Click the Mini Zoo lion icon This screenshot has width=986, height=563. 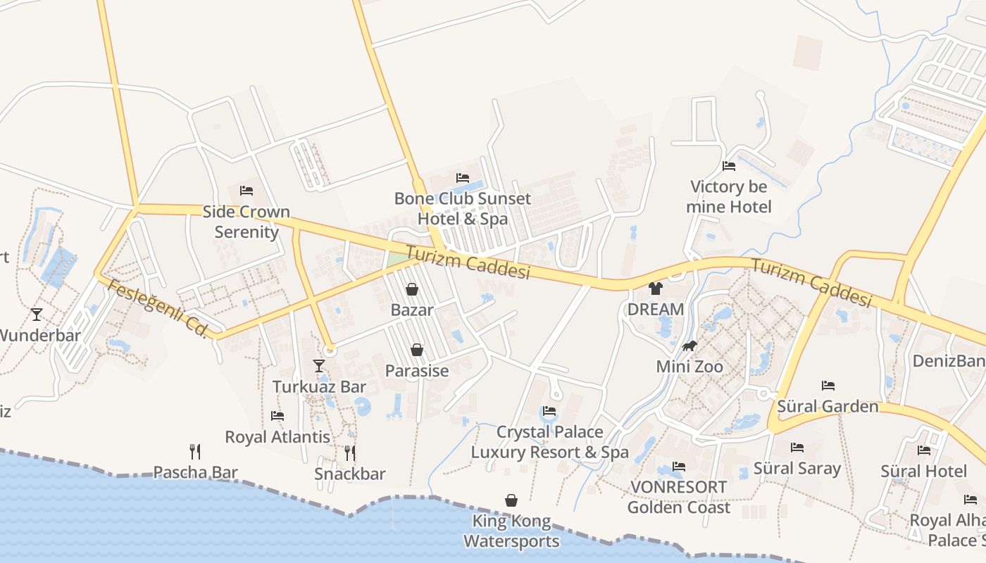(x=689, y=346)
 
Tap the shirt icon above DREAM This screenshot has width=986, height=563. (x=656, y=288)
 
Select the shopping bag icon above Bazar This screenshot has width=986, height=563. (x=412, y=289)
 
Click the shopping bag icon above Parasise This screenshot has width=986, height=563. (x=417, y=350)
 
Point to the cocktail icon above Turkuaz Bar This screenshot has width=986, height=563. (x=319, y=365)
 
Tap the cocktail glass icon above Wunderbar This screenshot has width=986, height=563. (x=37, y=314)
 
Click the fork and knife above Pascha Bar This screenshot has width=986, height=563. (x=195, y=451)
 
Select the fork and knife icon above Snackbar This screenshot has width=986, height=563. (x=350, y=453)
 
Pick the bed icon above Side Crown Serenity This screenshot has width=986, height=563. (x=246, y=191)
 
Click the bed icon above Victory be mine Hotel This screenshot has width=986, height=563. (x=729, y=166)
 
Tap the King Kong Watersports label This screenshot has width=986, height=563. (x=511, y=531)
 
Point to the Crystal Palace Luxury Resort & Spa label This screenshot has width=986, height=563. (x=549, y=442)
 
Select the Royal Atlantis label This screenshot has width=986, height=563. (x=277, y=437)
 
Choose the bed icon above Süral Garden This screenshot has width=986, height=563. (x=828, y=385)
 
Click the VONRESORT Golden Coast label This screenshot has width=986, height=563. (x=679, y=497)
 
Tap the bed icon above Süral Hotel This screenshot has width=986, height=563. (x=924, y=450)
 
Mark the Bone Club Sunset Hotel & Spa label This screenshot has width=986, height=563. (x=463, y=208)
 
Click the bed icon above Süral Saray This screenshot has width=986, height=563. (x=797, y=448)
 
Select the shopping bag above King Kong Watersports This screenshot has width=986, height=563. (x=511, y=500)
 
